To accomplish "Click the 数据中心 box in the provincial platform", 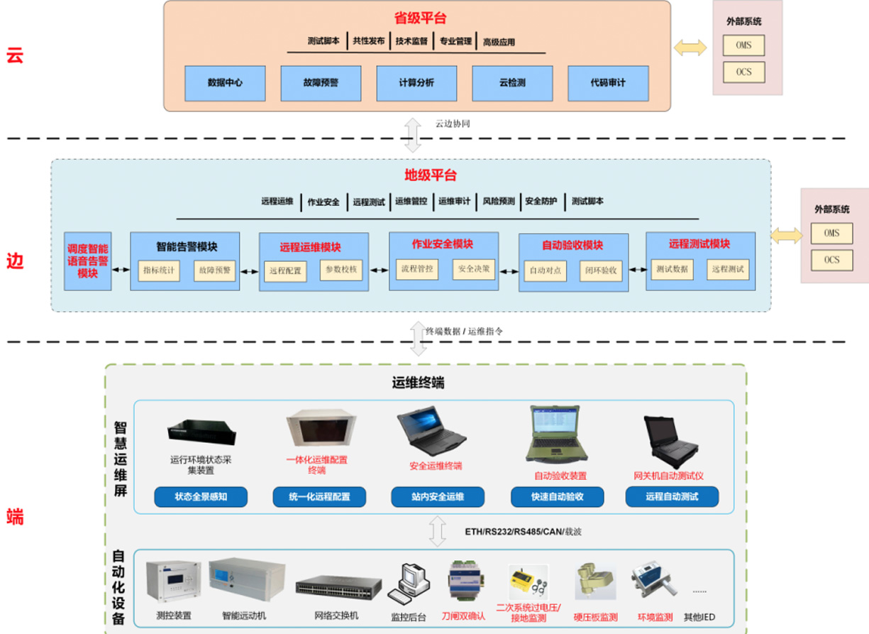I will pyautogui.click(x=225, y=83).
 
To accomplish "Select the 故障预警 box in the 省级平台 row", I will pyautogui.click(x=321, y=83).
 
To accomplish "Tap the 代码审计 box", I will pyautogui.click(x=608, y=83).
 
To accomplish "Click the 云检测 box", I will pyautogui.click(x=512, y=83).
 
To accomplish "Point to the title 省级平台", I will pyautogui.click(x=420, y=18).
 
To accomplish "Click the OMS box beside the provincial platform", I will pyautogui.click(x=743, y=46).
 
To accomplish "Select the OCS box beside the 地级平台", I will pyautogui.click(x=831, y=260).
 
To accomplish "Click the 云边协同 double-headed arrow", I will pyautogui.click(x=413, y=134).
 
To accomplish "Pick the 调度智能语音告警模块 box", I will pyautogui.click(x=87, y=261).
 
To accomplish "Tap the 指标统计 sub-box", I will pyautogui.click(x=159, y=270).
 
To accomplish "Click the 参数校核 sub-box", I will pyautogui.click(x=342, y=270).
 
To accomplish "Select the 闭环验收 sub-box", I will pyautogui.click(x=601, y=270).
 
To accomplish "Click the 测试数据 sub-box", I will pyautogui.click(x=671, y=270).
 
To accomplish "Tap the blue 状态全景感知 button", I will pyautogui.click(x=201, y=496).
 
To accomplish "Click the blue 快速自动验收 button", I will pyautogui.click(x=557, y=496).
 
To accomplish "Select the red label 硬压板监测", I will pyautogui.click(x=595, y=617).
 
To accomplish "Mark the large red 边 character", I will pyautogui.click(x=15, y=261).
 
